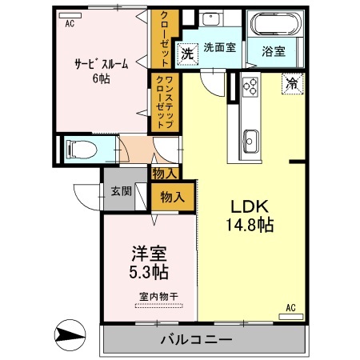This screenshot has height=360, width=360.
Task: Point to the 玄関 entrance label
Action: click(x=122, y=191)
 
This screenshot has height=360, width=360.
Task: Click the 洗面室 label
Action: click(x=219, y=47)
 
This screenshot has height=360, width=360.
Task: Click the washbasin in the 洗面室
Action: click(x=212, y=22)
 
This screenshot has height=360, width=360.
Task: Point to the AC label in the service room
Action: click(x=70, y=23)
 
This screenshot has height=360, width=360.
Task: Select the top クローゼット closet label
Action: click(x=163, y=38)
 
